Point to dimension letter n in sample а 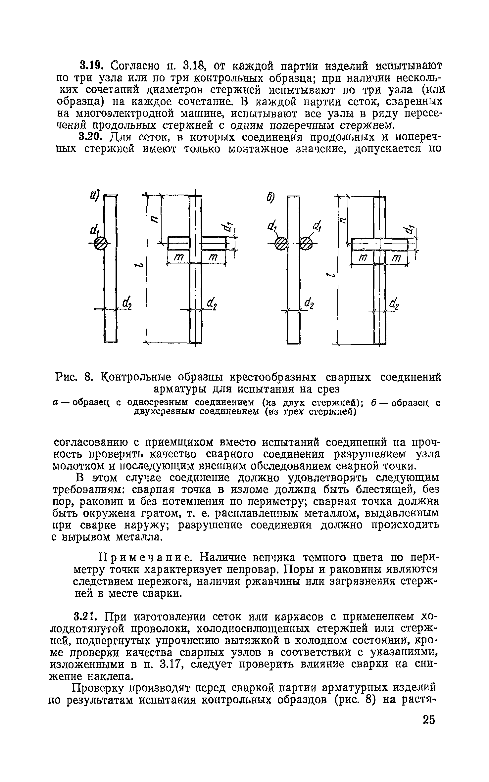153,219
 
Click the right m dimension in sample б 396,258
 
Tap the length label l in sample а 140,265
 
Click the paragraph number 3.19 89,65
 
